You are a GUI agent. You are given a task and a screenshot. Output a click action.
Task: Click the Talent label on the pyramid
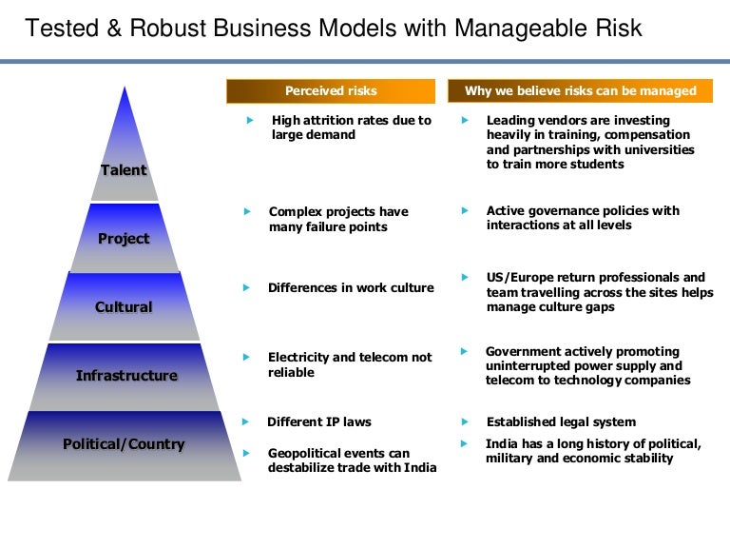124,170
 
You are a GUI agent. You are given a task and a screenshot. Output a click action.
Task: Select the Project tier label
124,239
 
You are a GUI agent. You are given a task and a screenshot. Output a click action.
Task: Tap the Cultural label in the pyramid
124,307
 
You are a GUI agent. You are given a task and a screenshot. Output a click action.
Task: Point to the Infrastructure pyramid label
126,376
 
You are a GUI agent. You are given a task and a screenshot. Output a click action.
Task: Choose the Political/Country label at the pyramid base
124,444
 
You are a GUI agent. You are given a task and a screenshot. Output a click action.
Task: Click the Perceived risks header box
331,91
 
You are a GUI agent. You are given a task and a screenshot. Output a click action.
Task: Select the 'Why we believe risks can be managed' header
580,91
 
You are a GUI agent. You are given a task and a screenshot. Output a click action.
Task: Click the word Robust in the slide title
167,28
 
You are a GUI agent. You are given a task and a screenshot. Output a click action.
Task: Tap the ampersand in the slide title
114,28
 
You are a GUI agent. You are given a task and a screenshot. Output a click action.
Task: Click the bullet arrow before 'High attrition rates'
250,120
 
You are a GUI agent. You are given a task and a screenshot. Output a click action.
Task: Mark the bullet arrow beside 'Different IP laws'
245,422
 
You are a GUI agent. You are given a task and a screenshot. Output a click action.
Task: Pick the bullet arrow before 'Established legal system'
465,422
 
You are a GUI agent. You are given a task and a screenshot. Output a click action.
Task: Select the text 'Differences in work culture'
351,288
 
